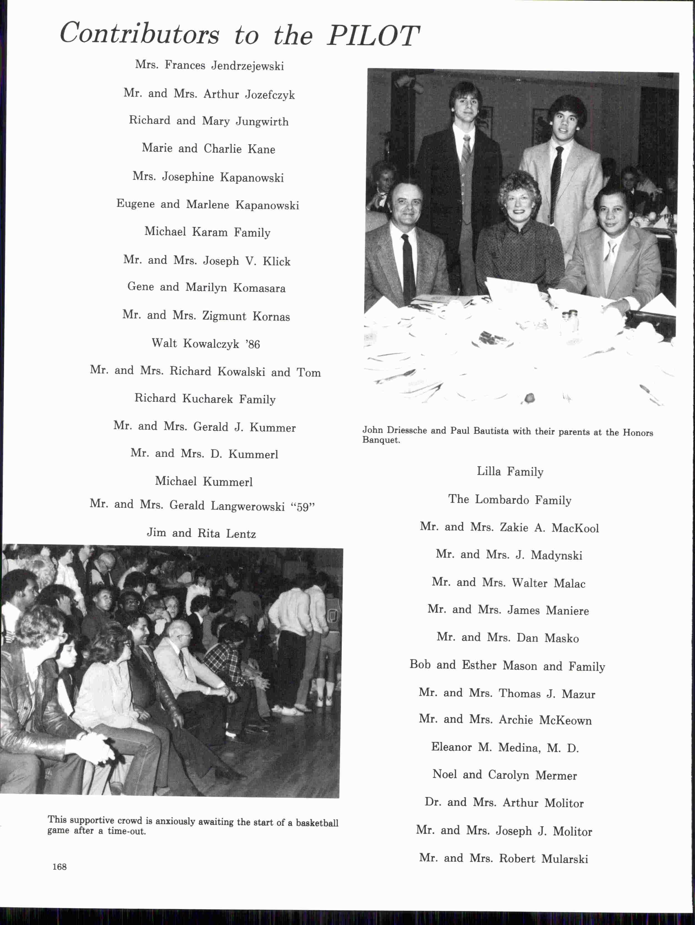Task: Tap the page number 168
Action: click(x=59, y=867)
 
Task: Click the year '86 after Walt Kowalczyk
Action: click(x=252, y=344)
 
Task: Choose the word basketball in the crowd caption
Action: click(x=317, y=823)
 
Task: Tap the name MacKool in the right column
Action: click(x=575, y=528)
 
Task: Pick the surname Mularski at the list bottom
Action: click(x=565, y=859)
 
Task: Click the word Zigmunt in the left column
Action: click(x=224, y=316)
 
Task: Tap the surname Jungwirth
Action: click(x=262, y=122)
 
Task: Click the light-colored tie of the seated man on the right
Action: click(x=610, y=255)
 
